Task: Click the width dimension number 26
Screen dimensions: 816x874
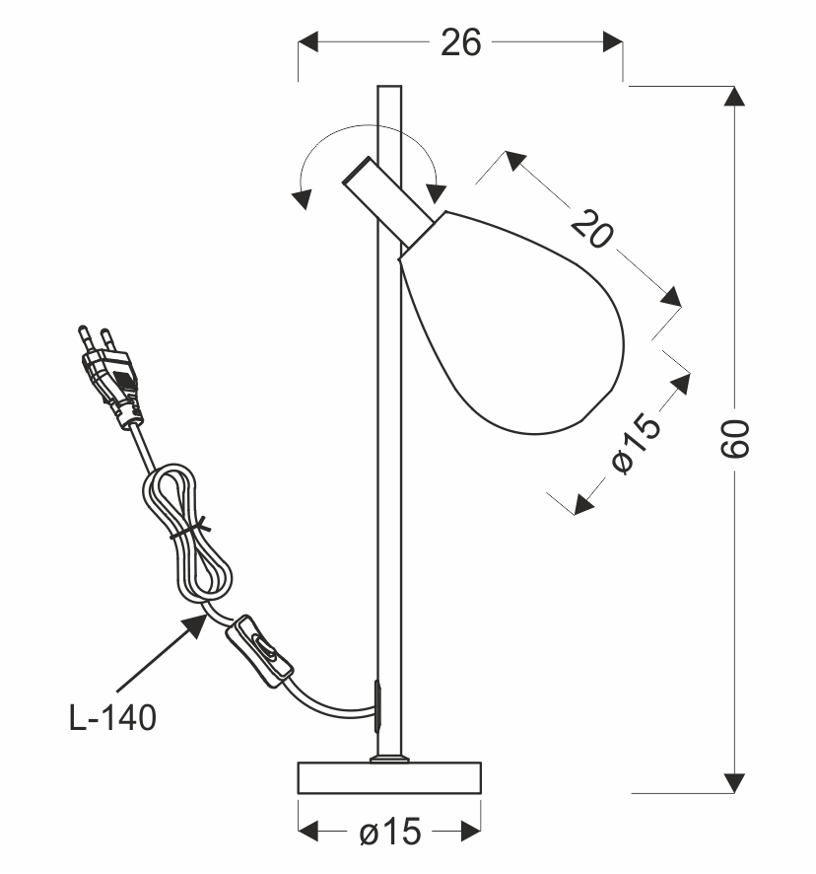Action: pos(460,42)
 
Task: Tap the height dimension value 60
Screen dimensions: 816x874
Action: pos(735,439)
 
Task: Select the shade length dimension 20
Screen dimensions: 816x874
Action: pos(592,228)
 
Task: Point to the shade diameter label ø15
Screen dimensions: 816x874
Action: pos(637,443)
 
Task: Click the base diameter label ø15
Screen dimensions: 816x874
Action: pos(390,833)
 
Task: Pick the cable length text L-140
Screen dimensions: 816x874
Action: pos(112,717)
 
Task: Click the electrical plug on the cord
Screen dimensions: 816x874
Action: pos(112,376)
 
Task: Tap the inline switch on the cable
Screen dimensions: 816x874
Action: pos(259,651)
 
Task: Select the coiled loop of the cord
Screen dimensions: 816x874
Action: pos(186,535)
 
